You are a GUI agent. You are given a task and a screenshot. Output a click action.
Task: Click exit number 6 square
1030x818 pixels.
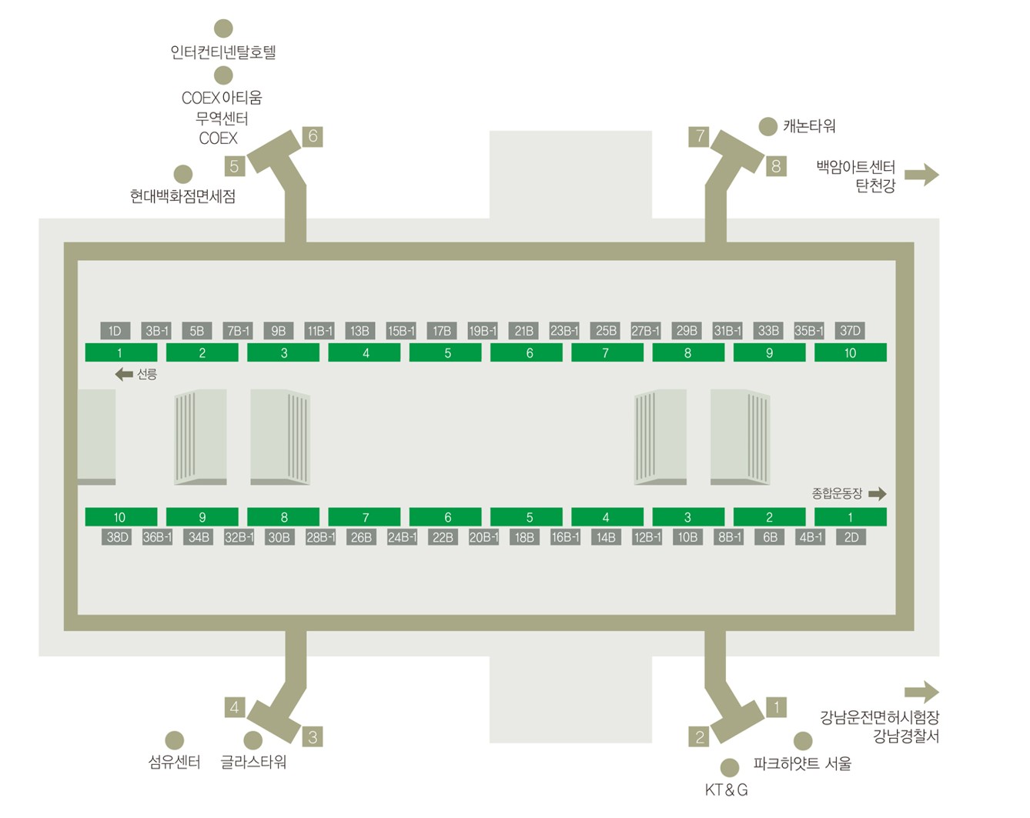pos(313,136)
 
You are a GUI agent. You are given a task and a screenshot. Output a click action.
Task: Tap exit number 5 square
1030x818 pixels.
pos(235,166)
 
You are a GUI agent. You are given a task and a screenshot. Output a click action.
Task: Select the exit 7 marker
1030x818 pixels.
pos(699,136)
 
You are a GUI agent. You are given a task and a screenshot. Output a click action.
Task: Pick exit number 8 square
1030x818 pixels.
pos(776,166)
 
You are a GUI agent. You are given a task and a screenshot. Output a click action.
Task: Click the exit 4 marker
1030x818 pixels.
pos(235,707)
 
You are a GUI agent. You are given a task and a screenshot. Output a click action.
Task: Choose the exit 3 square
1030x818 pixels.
pos(313,736)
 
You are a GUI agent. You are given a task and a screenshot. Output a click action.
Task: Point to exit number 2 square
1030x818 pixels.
pos(699,736)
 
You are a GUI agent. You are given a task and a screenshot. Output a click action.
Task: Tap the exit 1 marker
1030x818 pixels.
pos(776,707)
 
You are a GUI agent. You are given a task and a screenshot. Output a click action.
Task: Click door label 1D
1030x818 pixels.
pos(115,331)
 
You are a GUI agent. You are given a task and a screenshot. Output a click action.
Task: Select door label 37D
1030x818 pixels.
pos(850,331)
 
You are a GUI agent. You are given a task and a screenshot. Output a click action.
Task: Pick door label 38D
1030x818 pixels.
pos(117,537)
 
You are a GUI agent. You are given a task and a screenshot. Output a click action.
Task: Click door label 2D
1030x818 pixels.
pos(851,537)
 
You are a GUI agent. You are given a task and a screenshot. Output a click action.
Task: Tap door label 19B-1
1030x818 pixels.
pos(483,331)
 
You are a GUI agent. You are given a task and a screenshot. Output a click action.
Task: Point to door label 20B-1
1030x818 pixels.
pos(483,537)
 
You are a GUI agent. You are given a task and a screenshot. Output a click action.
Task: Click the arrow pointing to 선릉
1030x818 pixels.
pos(124,374)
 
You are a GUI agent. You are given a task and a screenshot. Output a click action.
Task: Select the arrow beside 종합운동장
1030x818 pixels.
pos(878,493)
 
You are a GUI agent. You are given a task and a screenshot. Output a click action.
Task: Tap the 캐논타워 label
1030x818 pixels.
pos(809,126)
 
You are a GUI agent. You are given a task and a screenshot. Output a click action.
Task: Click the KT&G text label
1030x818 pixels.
pos(726,790)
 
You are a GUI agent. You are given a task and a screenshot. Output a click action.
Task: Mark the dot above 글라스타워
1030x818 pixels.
pos(252,740)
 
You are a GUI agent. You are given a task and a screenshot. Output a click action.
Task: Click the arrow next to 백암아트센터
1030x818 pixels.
pos(921,175)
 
